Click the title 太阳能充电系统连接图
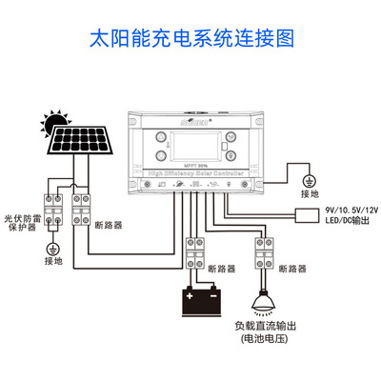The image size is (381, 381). pyautogui.click(x=190, y=39)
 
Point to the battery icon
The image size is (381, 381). pyautogui.click(x=202, y=302)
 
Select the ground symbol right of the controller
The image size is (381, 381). pyautogui.click(x=308, y=180)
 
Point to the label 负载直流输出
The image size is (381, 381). pyautogui.click(x=262, y=326)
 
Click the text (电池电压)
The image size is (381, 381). pyautogui.click(x=262, y=339)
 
